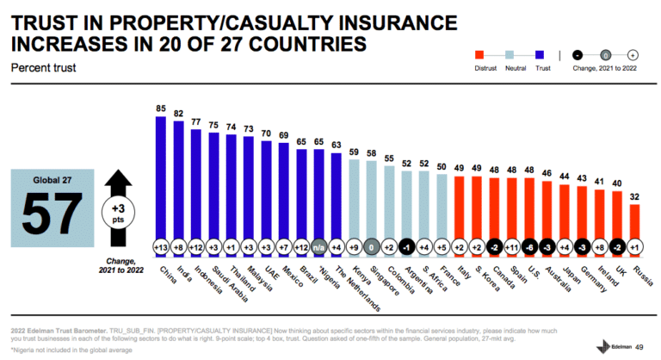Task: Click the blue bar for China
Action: (x=161, y=177)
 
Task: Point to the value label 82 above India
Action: (x=179, y=113)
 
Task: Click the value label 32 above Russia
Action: (x=635, y=196)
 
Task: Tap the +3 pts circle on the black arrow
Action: (x=117, y=212)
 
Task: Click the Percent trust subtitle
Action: (x=39, y=65)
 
